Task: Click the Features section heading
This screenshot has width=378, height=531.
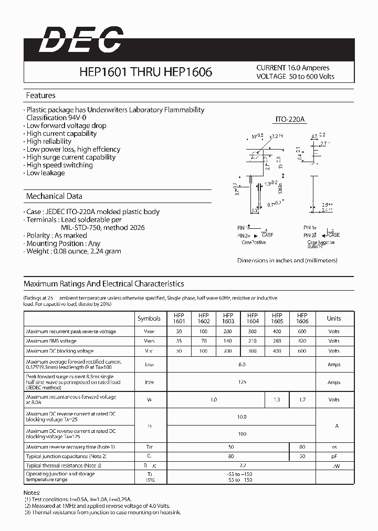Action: tap(41, 95)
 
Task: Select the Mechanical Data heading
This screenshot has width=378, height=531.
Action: tap(54, 196)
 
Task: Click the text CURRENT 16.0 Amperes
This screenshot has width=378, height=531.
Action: tap(293, 68)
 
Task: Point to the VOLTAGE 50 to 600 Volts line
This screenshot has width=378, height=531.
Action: tap(295, 77)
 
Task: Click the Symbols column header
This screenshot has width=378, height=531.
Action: tap(149, 318)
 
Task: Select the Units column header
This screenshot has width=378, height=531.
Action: tap(333, 318)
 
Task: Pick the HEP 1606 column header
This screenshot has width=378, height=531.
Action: tap(302, 318)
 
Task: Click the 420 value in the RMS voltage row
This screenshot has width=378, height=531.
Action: tap(302, 341)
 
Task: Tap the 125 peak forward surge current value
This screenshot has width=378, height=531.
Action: tap(241, 383)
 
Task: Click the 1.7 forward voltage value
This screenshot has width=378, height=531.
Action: tap(302, 400)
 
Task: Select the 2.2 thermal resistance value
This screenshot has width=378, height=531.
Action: tap(241, 465)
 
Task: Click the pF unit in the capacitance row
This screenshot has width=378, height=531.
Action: tap(333, 456)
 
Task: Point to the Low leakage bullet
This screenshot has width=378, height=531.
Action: tap(45, 173)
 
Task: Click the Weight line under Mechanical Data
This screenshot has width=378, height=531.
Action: tap(73, 251)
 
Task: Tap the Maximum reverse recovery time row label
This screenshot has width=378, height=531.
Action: tap(70, 447)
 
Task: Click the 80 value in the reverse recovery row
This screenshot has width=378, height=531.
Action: tap(302, 447)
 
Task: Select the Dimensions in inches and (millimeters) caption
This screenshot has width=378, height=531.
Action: tap(287, 261)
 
